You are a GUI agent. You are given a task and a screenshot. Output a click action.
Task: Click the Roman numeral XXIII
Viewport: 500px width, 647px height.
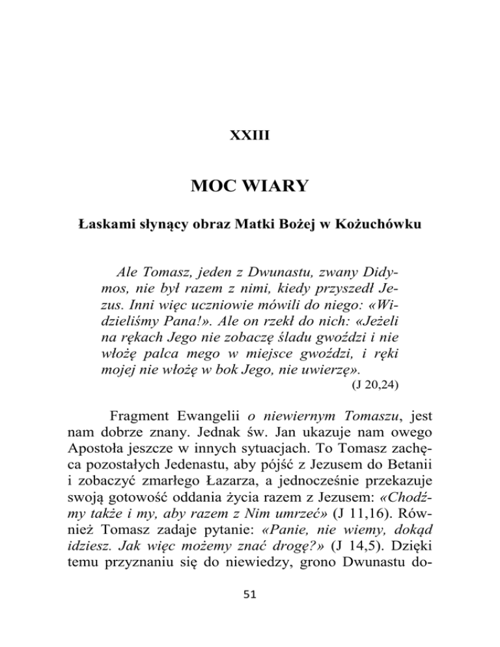tap(249, 137)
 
